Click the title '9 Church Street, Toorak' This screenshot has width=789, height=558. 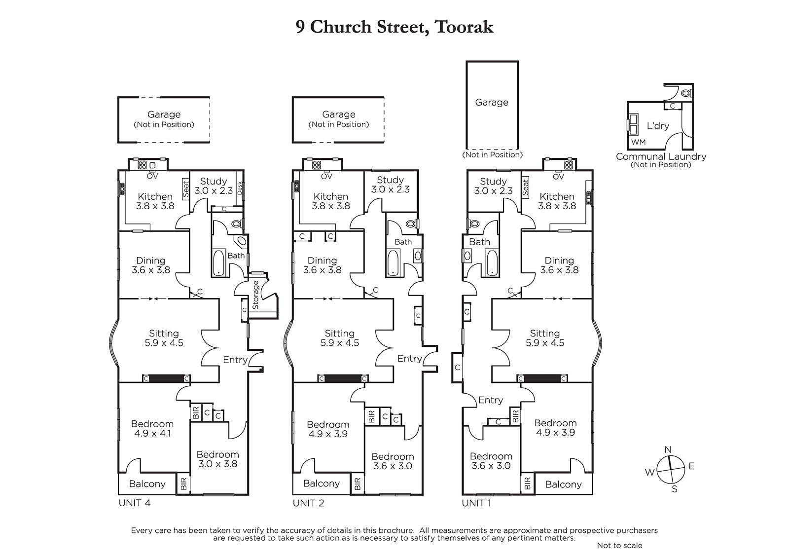[x=394, y=27]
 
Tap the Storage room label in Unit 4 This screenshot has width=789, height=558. [x=255, y=295]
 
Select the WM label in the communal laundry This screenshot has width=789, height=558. [x=639, y=142]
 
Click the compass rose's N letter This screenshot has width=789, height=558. [x=668, y=449]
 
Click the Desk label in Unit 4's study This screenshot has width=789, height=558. [x=240, y=188]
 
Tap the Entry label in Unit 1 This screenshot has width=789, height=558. [x=491, y=400]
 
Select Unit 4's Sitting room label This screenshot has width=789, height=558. [x=164, y=334]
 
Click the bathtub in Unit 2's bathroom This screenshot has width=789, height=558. [x=393, y=262]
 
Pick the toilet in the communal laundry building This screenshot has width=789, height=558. [x=685, y=93]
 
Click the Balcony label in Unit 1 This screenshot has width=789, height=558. [x=563, y=484]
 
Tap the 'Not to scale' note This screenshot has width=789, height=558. [x=619, y=545]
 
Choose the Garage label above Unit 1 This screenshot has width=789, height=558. [x=492, y=103]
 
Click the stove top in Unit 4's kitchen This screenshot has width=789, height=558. [x=142, y=165]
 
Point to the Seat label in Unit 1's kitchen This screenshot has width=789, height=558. [x=526, y=187]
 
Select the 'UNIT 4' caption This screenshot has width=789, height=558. [x=135, y=503]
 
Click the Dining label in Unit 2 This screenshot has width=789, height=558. [x=322, y=260]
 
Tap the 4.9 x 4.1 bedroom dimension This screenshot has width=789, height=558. [x=152, y=434]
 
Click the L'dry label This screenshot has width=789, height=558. [x=658, y=126]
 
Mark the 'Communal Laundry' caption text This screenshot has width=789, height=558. [x=661, y=156]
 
